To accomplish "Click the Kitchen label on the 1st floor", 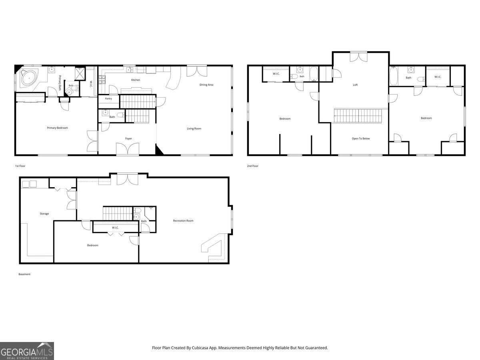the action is [x=136, y=80].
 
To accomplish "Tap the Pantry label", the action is [x=108, y=98].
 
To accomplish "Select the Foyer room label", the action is [x=128, y=138].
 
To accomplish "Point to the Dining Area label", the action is [x=206, y=85].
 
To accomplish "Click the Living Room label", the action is [x=194, y=128].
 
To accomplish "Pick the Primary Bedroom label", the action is [x=57, y=128].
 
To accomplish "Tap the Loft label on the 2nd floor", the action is [x=355, y=85].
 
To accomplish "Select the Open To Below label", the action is [x=361, y=138].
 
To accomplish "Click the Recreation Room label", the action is [x=183, y=221].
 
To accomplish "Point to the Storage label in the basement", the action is [x=44, y=214].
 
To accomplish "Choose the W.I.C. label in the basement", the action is [x=115, y=228].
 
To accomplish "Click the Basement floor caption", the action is [x=24, y=274].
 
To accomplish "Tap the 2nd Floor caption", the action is [x=252, y=166].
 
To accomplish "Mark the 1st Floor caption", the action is [x=20, y=166].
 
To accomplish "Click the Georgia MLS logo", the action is [x=27, y=351].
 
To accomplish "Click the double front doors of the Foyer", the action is [x=128, y=149].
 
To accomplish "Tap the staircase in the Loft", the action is [x=358, y=116].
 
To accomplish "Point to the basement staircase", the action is [x=118, y=213].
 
